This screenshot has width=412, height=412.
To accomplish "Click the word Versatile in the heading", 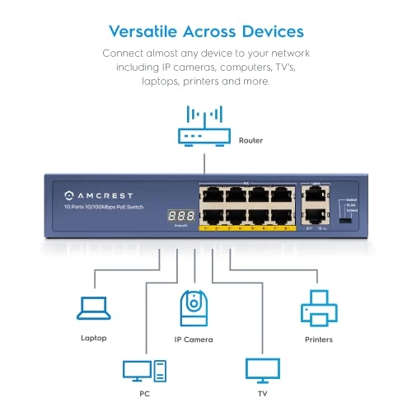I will (143, 32).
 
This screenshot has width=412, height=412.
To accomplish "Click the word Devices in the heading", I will (270, 32).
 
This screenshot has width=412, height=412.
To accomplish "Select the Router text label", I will (250, 141).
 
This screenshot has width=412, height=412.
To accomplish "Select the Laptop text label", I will (93, 338).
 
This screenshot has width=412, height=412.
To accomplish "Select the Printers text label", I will (318, 338).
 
